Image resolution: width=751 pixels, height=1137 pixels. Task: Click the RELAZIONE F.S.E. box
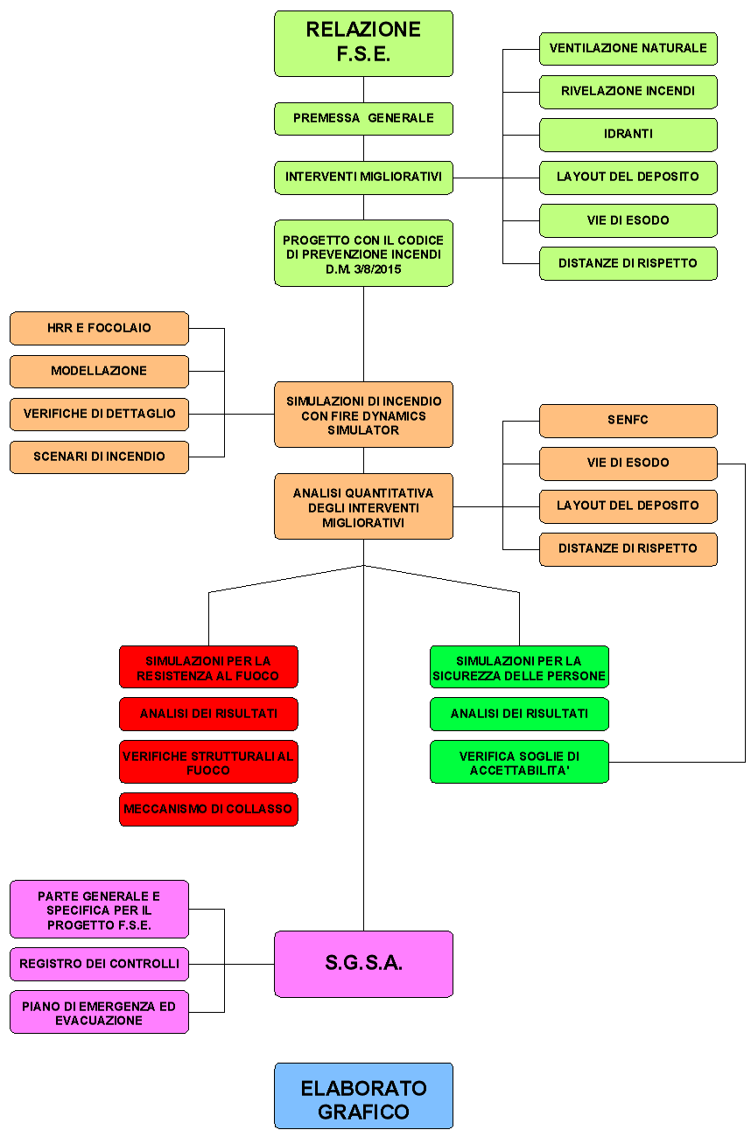363,43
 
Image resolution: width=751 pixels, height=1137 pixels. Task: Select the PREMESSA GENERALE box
363,118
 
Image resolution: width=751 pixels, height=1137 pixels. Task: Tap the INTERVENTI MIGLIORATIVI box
363,178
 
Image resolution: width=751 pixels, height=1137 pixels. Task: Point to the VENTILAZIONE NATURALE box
628,48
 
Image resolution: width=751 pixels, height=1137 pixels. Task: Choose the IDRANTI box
628,135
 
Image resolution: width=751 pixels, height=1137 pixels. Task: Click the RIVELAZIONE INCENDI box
628,91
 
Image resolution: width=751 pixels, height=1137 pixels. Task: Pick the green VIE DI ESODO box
628,220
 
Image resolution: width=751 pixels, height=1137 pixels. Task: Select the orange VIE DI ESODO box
628,464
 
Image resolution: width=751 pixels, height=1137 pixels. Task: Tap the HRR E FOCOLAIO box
99,328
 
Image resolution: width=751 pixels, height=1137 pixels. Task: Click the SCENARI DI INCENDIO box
99,457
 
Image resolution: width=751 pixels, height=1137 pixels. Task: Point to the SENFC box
628,421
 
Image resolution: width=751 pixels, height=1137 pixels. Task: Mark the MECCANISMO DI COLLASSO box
208,809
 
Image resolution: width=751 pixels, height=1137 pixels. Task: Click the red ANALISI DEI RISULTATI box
208,714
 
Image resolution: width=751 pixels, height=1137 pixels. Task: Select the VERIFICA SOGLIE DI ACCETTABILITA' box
519,762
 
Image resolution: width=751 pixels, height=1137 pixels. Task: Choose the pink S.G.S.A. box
363,964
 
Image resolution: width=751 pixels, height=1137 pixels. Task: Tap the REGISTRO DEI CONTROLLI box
99,964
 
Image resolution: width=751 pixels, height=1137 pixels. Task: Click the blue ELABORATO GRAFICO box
363,1100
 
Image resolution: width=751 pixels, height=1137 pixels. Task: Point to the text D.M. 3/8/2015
363,269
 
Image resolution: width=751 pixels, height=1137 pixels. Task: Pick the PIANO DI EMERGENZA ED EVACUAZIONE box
99,1013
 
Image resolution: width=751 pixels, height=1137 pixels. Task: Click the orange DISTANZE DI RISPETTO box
628,549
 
